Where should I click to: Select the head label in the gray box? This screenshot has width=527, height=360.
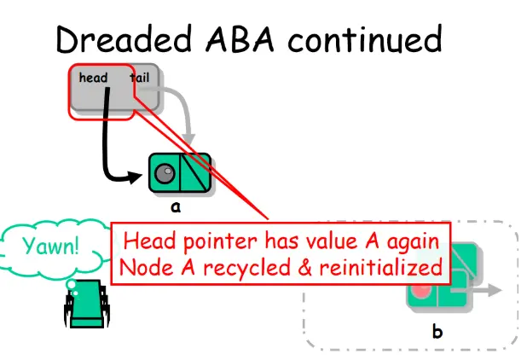tap(93, 78)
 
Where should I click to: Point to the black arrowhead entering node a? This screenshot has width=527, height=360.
tap(137, 177)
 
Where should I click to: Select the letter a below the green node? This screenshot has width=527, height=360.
tap(176, 206)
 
